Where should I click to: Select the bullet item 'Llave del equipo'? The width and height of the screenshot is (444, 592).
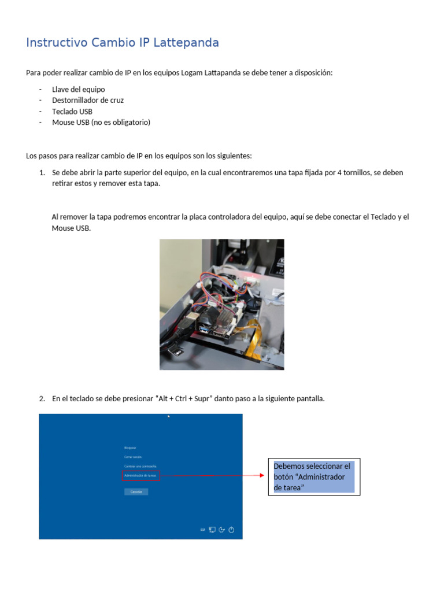[x=78, y=90]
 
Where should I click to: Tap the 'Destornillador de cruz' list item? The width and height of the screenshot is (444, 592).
[x=87, y=100]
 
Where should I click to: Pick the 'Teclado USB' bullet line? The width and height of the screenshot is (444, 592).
[x=72, y=111]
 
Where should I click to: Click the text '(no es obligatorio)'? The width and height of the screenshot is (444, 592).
[x=121, y=122]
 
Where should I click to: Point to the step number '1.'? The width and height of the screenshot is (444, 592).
[x=42, y=173]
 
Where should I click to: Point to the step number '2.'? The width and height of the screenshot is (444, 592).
[x=42, y=398]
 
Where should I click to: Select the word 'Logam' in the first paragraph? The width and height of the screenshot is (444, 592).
[x=191, y=73]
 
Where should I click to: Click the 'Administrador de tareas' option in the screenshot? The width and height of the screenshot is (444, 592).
[x=140, y=475]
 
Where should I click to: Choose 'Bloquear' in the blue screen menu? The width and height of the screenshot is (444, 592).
[x=129, y=447]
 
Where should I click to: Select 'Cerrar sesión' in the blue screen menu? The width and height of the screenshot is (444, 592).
[x=132, y=457]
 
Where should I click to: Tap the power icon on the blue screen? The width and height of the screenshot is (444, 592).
[x=231, y=529]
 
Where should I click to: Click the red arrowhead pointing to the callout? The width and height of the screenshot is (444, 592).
[x=262, y=476]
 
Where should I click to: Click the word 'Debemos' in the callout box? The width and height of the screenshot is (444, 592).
[x=287, y=466]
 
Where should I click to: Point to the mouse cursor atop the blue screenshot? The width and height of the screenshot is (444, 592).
[x=168, y=416]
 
